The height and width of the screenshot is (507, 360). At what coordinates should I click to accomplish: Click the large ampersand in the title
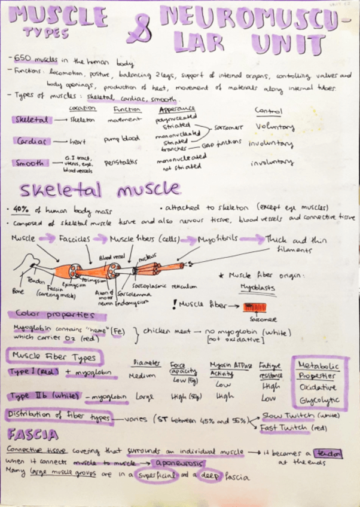(139, 30)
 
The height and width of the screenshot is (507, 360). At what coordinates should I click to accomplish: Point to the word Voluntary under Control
(274, 127)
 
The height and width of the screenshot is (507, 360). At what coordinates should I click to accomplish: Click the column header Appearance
(177, 110)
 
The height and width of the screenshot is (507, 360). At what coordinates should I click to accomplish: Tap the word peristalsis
(120, 162)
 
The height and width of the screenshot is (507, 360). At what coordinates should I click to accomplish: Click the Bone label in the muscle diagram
(18, 291)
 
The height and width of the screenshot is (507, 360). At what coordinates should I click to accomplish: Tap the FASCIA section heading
(33, 435)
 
